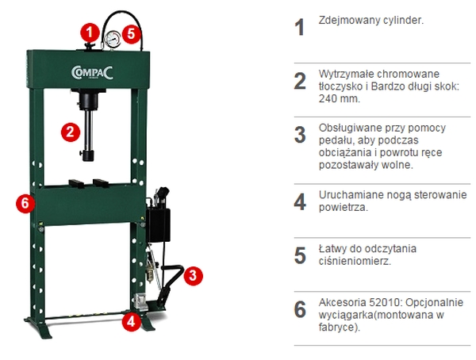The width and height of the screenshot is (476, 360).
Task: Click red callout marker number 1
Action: click(x=90, y=33)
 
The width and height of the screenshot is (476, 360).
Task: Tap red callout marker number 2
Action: click(x=71, y=132)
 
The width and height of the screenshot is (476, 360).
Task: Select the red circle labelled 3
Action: click(x=193, y=276)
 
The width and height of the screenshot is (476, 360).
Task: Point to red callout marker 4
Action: click(x=131, y=321)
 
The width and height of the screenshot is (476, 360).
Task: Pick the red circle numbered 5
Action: click(x=131, y=33)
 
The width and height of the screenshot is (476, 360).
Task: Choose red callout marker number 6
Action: click(x=25, y=203)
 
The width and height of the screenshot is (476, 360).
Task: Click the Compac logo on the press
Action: click(x=92, y=72)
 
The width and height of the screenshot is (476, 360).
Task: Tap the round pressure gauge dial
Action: click(x=112, y=39)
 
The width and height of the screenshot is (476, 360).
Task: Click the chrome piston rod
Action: click(x=89, y=132)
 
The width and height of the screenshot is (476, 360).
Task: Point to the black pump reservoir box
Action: click(x=158, y=224)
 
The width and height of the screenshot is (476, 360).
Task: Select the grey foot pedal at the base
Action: click(x=140, y=302)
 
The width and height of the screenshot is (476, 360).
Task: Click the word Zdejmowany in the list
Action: click(x=346, y=21)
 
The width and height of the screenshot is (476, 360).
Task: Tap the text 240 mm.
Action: click(x=340, y=98)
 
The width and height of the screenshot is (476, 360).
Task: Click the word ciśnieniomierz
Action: click(x=355, y=261)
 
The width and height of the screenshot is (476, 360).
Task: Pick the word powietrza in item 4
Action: click(x=344, y=207)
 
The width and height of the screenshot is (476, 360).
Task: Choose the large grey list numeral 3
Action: click(x=300, y=135)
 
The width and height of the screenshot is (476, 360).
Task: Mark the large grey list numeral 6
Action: click(x=300, y=309)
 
